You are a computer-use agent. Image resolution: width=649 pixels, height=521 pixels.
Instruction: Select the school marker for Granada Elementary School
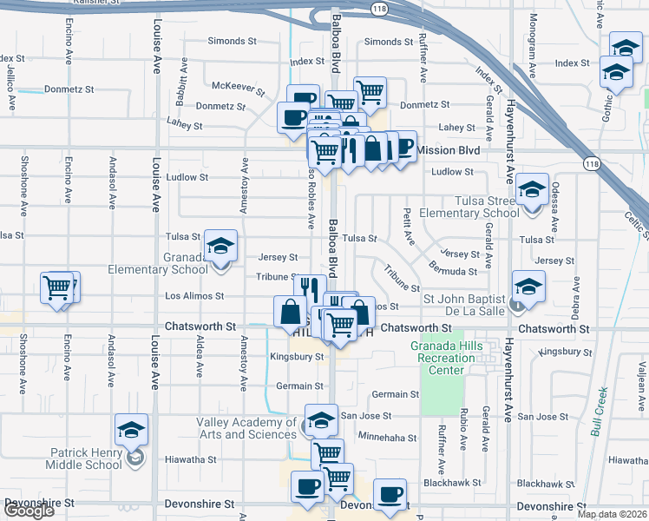pyautogui.click(x=221, y=247)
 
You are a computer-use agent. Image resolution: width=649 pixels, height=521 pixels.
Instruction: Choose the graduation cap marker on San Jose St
pyautogui.click(x=320, y=420)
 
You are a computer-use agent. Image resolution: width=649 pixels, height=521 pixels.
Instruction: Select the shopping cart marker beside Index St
pyautogui.click(x=370, y=91)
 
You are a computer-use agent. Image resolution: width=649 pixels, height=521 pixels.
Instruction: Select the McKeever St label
pyautogui.click(x=238, y=87)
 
